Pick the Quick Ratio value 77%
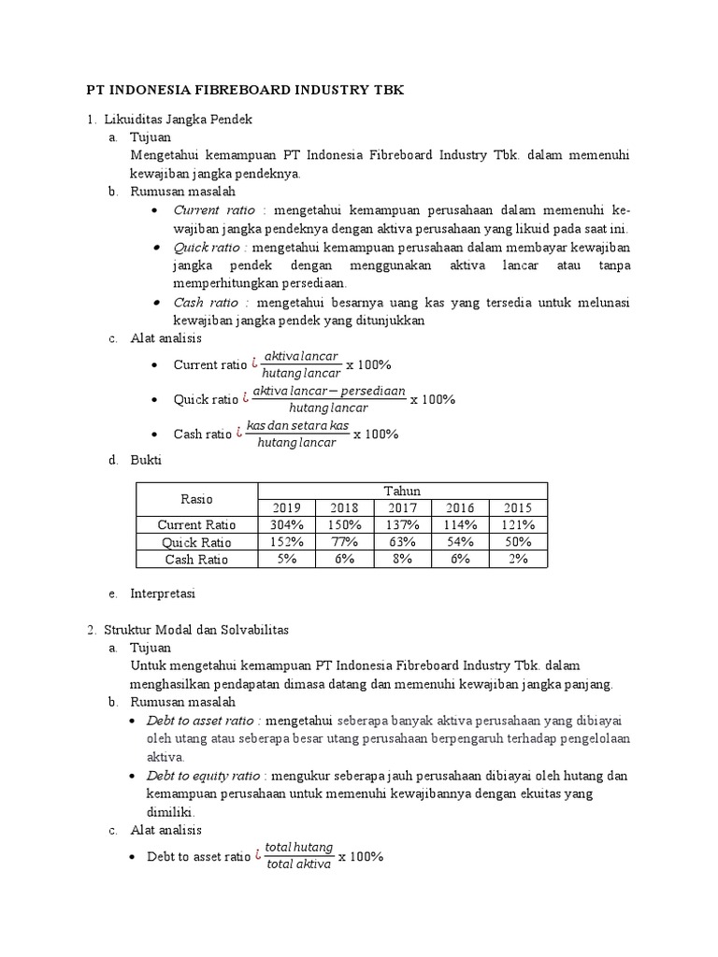[x=344, y=541]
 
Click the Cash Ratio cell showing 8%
[x=402, y=559]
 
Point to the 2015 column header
[x=518, y=507]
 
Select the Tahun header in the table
[x=402, y=491]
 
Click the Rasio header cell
[x=196, y=499]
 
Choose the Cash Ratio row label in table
[x=196, y=559]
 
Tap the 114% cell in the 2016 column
[x=460, y=524]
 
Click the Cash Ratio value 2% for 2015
[x=518, y=559]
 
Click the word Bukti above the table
[x=146, y=460]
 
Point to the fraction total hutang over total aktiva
[x=298, y=856]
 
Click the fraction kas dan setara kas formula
[x=296, y=435]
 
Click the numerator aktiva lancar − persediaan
[x=328, y=391]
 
